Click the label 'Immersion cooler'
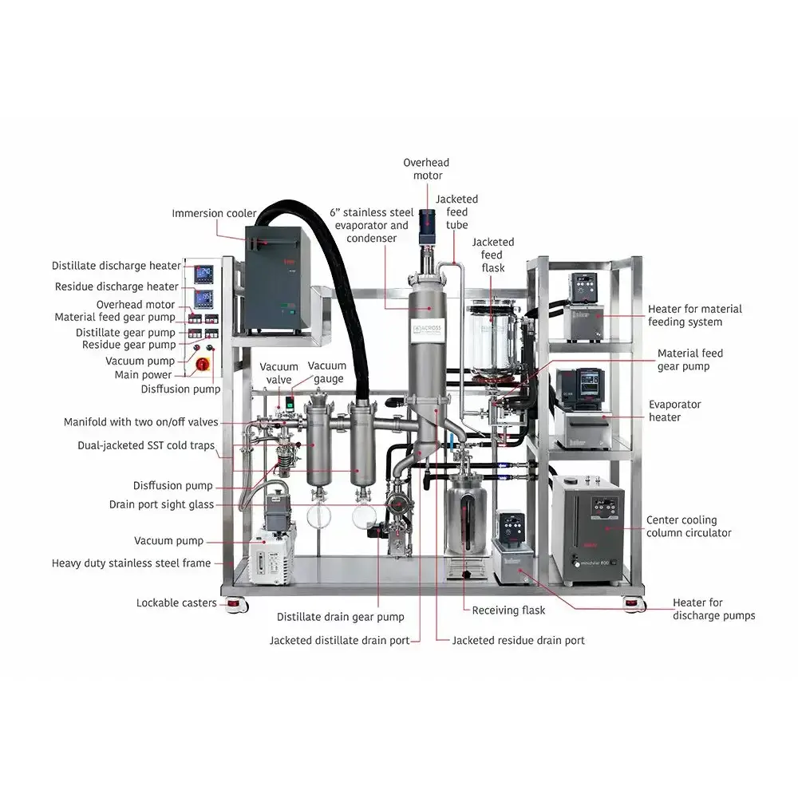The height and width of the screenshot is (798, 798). pyautogui.click(x=214, y=213)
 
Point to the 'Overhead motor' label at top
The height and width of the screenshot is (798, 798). pyautogui.click(x=423, y=169)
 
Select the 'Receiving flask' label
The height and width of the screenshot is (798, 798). pyautogui.click(x=508, y=610)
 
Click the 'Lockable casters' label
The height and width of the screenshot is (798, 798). pyautogui.click(x=176, y=602)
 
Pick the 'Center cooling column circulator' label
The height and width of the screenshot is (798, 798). pyautogui.click(x=689, y=527)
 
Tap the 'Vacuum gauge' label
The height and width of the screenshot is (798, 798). pyautogui.click(x=328, y=373)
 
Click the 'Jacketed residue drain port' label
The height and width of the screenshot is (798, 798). pyautogui.click(x=518, y=640)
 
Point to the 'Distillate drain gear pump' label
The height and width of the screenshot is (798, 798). pyautogui.click(x=340, y=617)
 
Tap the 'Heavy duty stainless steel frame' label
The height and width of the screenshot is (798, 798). pyautogui.click(x=132, y=563)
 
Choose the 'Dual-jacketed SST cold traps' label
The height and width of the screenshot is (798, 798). pyautogui.click(x=146, y=445)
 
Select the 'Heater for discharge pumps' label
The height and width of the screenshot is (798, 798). pyautogui.click(x=713, y=609)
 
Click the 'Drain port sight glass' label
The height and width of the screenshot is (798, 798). pyautogui.click(x=161, y=504)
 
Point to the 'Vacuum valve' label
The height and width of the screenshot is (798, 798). pyautogui.click(x=279, y=373)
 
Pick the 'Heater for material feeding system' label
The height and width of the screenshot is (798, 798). pyautogui.click(x=694, y=315)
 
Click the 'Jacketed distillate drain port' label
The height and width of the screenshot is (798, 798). pyautogui.click(x=339, y=640)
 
